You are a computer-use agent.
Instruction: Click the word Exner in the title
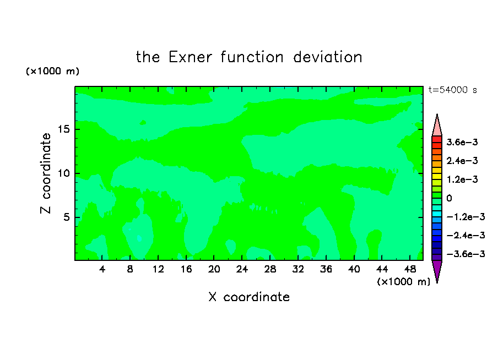click(x=190, y=57)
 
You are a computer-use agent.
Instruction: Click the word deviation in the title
click(x=327, y=57)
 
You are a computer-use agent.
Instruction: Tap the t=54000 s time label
click(x=453, y=90)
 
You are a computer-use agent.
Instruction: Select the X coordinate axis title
click(x=249, y=297)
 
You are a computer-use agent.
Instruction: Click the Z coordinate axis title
click(x=46, y=173)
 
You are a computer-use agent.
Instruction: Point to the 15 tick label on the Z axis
click(x=64, y=129)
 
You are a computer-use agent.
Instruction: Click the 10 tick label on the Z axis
click(x=64, y=173)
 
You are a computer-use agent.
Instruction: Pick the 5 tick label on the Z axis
click(x=67, y=217)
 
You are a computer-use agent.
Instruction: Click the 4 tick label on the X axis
click(x=102, y=269)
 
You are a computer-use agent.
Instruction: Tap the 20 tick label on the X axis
click(x=214, y=269)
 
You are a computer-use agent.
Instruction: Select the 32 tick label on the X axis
click(x=298, y=269)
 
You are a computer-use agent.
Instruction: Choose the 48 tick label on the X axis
click(x=410, y=269)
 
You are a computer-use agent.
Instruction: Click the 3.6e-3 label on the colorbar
click(x=462, y=142)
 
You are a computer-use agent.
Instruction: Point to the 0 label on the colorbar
click(x=449, y=198)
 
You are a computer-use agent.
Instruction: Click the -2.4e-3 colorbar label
click(x=465, y=235)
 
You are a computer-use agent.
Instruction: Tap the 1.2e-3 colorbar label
click(x=462, y=179)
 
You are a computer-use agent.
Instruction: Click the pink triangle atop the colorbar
click(x=437, y=128)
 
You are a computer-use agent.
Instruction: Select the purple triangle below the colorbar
click(x=437, y=269)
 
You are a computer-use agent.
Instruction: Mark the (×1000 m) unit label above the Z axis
click(x=52, y=71)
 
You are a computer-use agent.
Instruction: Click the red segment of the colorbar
click(x=437, y=139)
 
